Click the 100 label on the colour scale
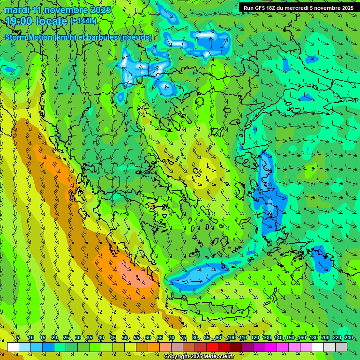coord(232,337)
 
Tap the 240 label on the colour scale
coord(349,337)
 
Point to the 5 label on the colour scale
coord(18,337)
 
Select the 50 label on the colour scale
coord(125,337)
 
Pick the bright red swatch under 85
coord(212,347)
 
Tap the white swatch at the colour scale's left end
coord(13,347)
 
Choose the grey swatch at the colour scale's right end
coord(341,347)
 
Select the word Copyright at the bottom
coord(177,357)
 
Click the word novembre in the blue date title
coord(61,10)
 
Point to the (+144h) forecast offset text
coord(83,21)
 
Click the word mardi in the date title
coord(17,10)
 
